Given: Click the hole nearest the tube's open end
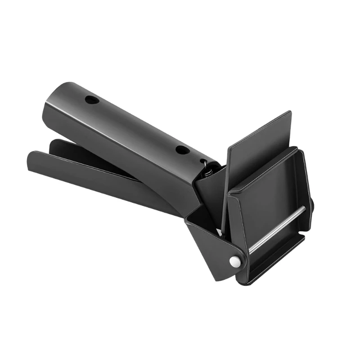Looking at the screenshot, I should [x=92, y=99].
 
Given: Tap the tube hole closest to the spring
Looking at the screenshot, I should [x=182, y=150].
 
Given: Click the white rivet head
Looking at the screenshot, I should [x=234, y=261].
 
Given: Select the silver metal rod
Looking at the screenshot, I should [x=277, y=227].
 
